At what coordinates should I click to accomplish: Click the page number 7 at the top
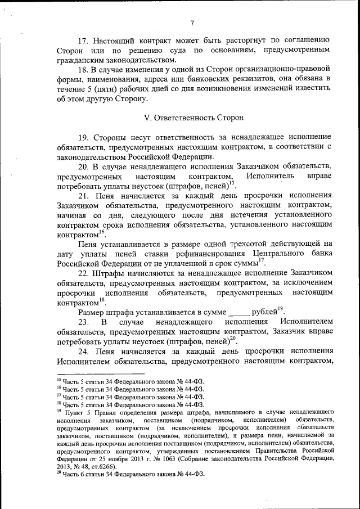192,23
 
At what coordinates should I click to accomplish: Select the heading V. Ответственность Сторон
194,118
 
